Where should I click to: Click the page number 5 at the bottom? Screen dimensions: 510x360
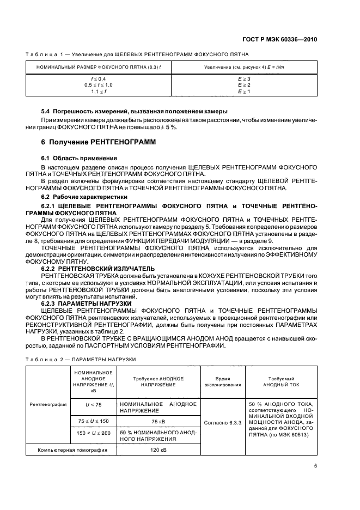pyautogui.click(x=316, y=466)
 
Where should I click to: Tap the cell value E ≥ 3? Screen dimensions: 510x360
pyautogui.click(x=244, y=79)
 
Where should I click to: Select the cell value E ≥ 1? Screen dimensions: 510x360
pyautogui.click(x=244, y=92)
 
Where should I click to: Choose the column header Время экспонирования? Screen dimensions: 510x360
pyautogui.click(x=222, y=381)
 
